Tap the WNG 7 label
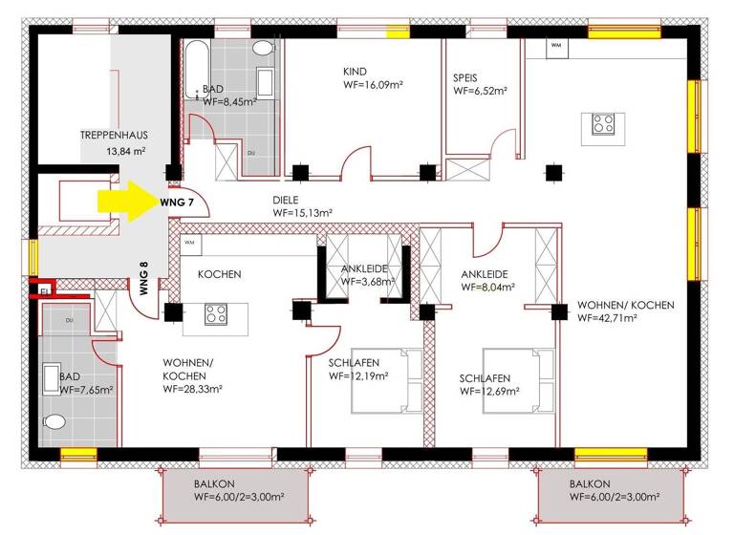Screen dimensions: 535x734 point(176,203)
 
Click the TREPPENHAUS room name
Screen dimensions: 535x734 point(113,136)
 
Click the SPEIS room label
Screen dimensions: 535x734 point(465,77)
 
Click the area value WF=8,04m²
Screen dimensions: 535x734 point(487,286)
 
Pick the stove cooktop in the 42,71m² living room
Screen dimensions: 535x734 point(602,124)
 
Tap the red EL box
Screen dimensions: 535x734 point(45,285)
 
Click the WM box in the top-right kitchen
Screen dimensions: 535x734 point(554,45)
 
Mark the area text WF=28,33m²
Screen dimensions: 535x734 point(192,389)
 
